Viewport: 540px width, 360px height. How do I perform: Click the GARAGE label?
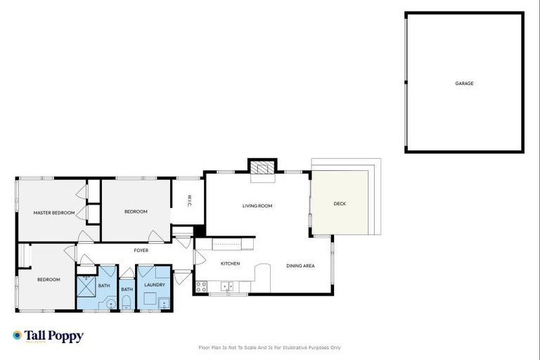tap(464, 83)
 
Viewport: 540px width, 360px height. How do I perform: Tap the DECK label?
tap(340, 204)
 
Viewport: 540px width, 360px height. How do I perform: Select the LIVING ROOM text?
tap(257, 206)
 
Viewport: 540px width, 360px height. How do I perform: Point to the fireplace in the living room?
tap(262, 169)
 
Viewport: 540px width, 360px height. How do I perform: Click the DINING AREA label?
tap(300, 266)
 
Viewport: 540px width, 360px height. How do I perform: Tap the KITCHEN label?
tap(231, 264)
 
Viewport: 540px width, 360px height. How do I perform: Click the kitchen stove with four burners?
tap(201, 287)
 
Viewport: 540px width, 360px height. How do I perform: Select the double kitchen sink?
tap(226, 287)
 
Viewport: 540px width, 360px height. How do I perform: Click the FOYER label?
tap(141, 250)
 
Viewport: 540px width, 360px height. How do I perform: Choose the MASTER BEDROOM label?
tap(54, 212)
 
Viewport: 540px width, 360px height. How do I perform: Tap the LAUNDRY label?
tap(154, 285)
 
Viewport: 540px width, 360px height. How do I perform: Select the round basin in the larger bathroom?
tap(110, 304)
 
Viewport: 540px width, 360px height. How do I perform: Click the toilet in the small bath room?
tap(127, 303)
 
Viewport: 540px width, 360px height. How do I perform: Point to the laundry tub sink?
tap(163, 304)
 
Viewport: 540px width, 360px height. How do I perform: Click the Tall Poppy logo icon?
tap(18, 335)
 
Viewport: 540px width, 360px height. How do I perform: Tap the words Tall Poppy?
tap(54, 336)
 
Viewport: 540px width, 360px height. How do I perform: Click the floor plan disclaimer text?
tap(270, 347)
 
